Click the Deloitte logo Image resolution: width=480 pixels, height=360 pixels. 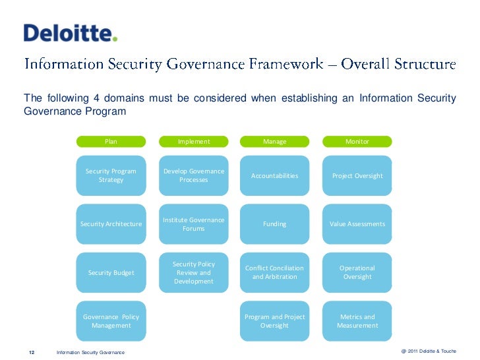click(x=71, y=33)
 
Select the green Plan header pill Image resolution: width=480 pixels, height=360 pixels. click(x=111, y=141)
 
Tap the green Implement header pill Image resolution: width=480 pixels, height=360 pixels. click(x=194, y=141)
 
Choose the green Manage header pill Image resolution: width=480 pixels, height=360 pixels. click(x=274, y=141)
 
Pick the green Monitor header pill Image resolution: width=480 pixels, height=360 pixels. click(x=357, y=141)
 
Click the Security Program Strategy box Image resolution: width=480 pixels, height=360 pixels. click(x=111, y=175)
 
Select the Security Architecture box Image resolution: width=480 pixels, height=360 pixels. click(x=111, y=224)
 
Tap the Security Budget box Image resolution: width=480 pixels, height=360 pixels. click(x=111, y=272)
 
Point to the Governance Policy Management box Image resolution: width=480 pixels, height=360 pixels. click(x=111, y=321)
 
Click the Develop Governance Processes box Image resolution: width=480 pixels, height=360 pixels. click(x=194, y=175)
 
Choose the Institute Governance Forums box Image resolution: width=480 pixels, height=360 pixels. click(x=194, y=224)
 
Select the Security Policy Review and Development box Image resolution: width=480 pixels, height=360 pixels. click(x=194, y=272)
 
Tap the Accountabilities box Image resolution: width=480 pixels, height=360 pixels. click(x=274, y=175)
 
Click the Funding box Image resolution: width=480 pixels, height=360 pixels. click(x=274, y=224)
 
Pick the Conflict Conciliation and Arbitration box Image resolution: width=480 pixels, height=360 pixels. click(x=274, y=272)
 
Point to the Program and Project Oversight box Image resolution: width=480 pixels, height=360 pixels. click(x=274, y=321)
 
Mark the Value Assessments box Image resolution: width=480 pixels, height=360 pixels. click(x=357, y=224)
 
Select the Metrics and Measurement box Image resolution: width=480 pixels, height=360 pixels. click(x=357, y=321)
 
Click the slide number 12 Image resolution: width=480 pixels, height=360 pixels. click(x=31, y=352)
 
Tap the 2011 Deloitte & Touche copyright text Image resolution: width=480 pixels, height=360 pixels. click(x=428, y=351)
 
